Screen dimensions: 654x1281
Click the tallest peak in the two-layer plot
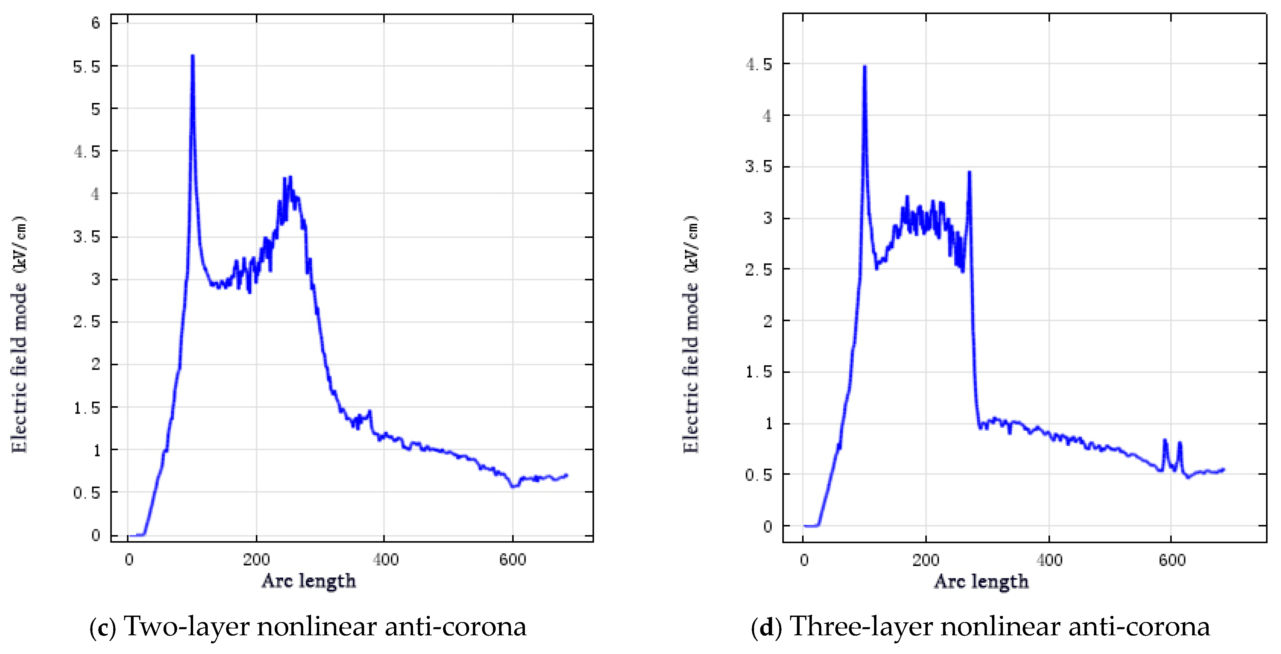pos(192,56)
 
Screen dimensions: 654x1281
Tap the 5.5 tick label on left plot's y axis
pos(87,67)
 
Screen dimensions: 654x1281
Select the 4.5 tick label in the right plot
pos(759,65)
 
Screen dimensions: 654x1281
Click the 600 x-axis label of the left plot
pos(513,560)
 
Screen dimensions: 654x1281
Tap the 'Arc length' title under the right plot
pos(981,581)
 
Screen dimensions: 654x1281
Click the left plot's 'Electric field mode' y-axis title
pos(19,334)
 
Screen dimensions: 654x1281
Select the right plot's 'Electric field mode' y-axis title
pos(691,334)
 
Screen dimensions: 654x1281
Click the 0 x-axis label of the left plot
pos(129,560)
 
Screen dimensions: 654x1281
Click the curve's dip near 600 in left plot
pos(514,486)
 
